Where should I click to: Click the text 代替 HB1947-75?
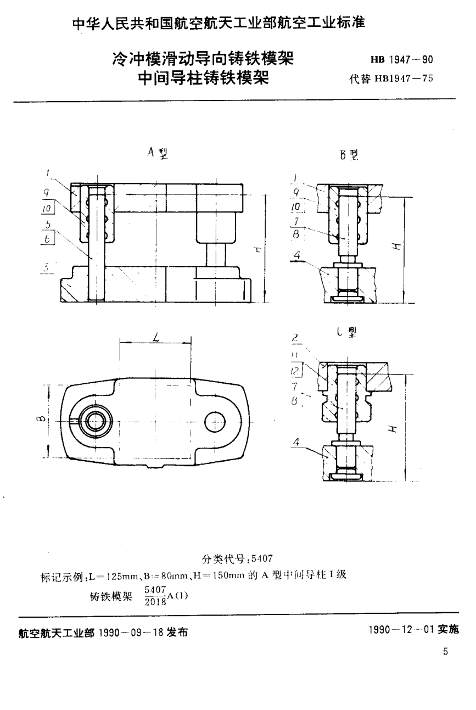[x=391, y=78]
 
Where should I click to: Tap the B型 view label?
[x=349, y=155]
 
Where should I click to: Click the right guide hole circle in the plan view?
[x=215, y=421]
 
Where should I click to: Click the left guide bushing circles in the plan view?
[x=95, y=421]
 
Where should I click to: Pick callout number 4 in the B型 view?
[x=297, y=254]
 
